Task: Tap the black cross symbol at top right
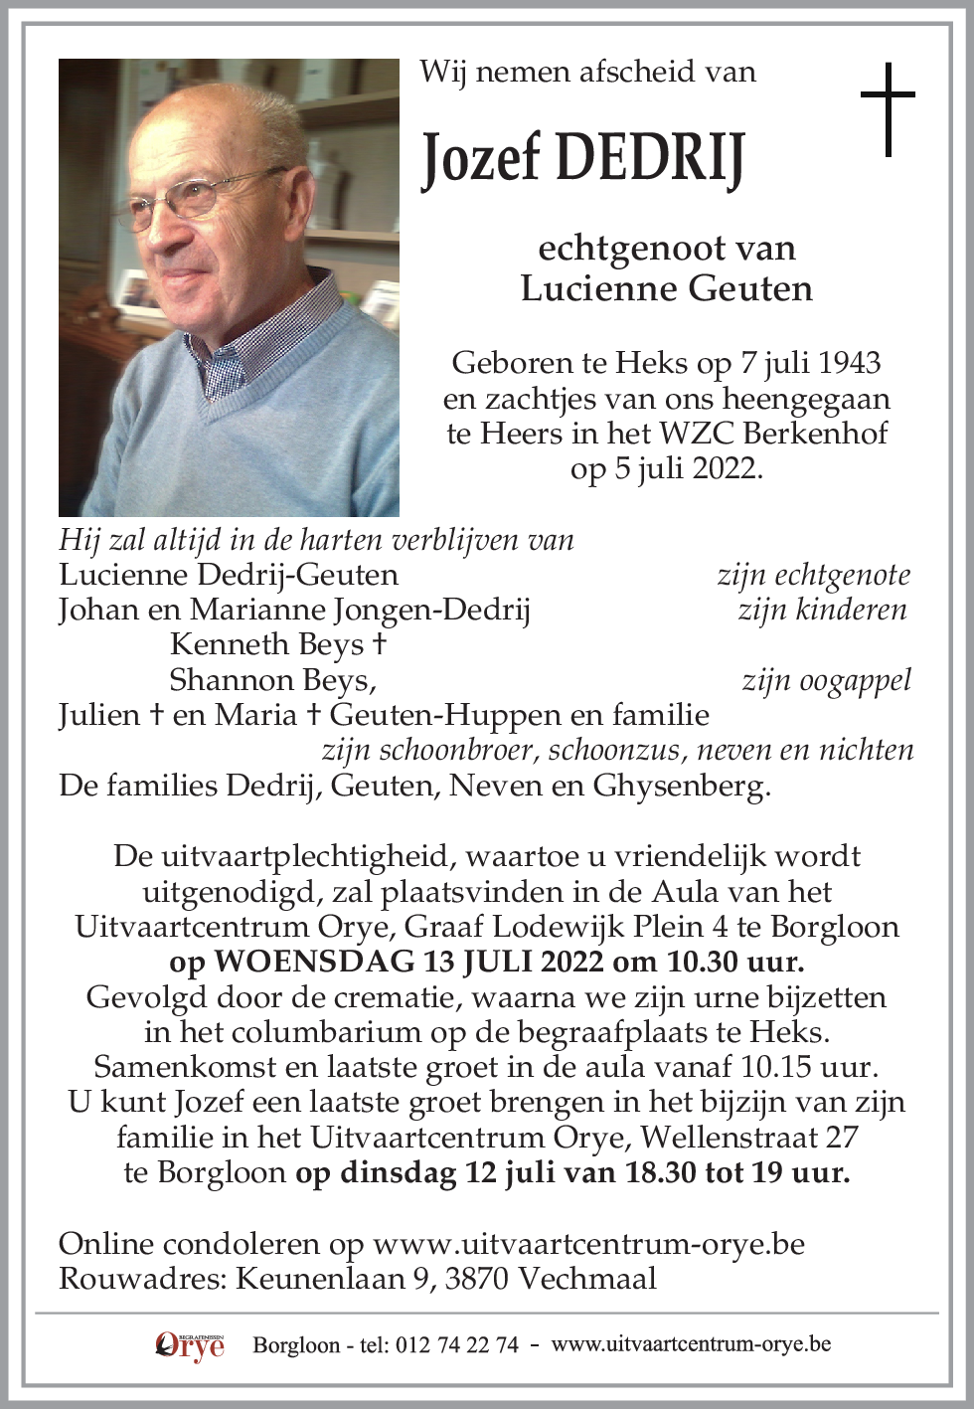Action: pos(888,109)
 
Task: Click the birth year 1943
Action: pos(850,362)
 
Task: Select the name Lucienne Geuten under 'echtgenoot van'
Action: pos(666,288)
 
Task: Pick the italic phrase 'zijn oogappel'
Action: pos(826,680)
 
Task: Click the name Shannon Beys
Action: pos(270,680)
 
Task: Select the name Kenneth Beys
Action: pos(267,644)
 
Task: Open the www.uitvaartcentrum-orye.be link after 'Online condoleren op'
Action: pos(588,1244)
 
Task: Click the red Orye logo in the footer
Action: pos(190,1345)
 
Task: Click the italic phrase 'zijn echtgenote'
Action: pos(813,575)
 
